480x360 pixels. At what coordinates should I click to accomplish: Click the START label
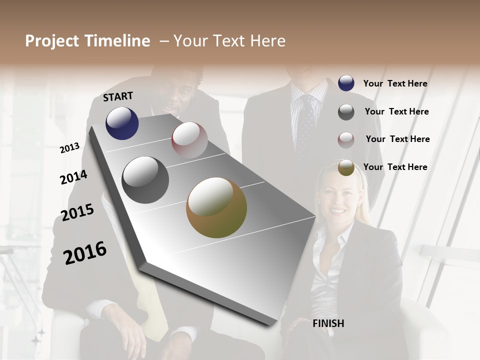118,96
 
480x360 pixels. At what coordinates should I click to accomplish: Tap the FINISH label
328,323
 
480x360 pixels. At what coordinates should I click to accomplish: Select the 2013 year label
69,148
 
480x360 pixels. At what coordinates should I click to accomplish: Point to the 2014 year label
73,177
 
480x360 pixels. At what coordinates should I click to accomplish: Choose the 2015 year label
77,212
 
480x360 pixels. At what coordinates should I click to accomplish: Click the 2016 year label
85,252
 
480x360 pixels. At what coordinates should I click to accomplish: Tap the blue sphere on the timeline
122,123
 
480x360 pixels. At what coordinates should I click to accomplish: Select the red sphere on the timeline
189,140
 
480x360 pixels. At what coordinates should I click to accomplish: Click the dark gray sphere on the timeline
145,180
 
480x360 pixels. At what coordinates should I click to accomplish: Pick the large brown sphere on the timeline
216,207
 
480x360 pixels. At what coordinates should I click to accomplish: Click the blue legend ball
346,83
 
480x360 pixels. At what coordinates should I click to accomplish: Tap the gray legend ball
346,112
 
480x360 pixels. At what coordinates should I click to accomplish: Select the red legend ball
346,140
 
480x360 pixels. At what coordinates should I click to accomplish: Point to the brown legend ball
346,167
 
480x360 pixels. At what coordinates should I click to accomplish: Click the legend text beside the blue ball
395,83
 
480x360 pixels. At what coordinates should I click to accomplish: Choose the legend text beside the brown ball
395,167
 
